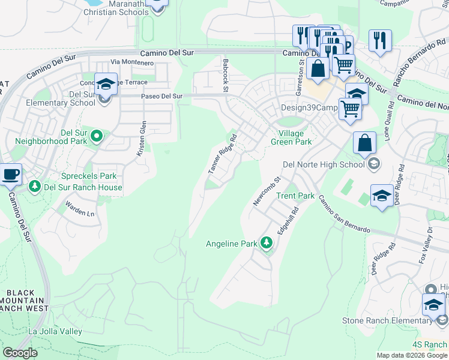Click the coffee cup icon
(x=11, y=175)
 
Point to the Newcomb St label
(x=267, y=191)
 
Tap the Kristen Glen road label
(x=141, y=139)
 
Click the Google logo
(x=20, y=353)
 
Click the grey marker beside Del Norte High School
(x=373, y=164)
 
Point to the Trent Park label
(x=295, y=196)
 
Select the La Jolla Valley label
(x=55, y=331)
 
